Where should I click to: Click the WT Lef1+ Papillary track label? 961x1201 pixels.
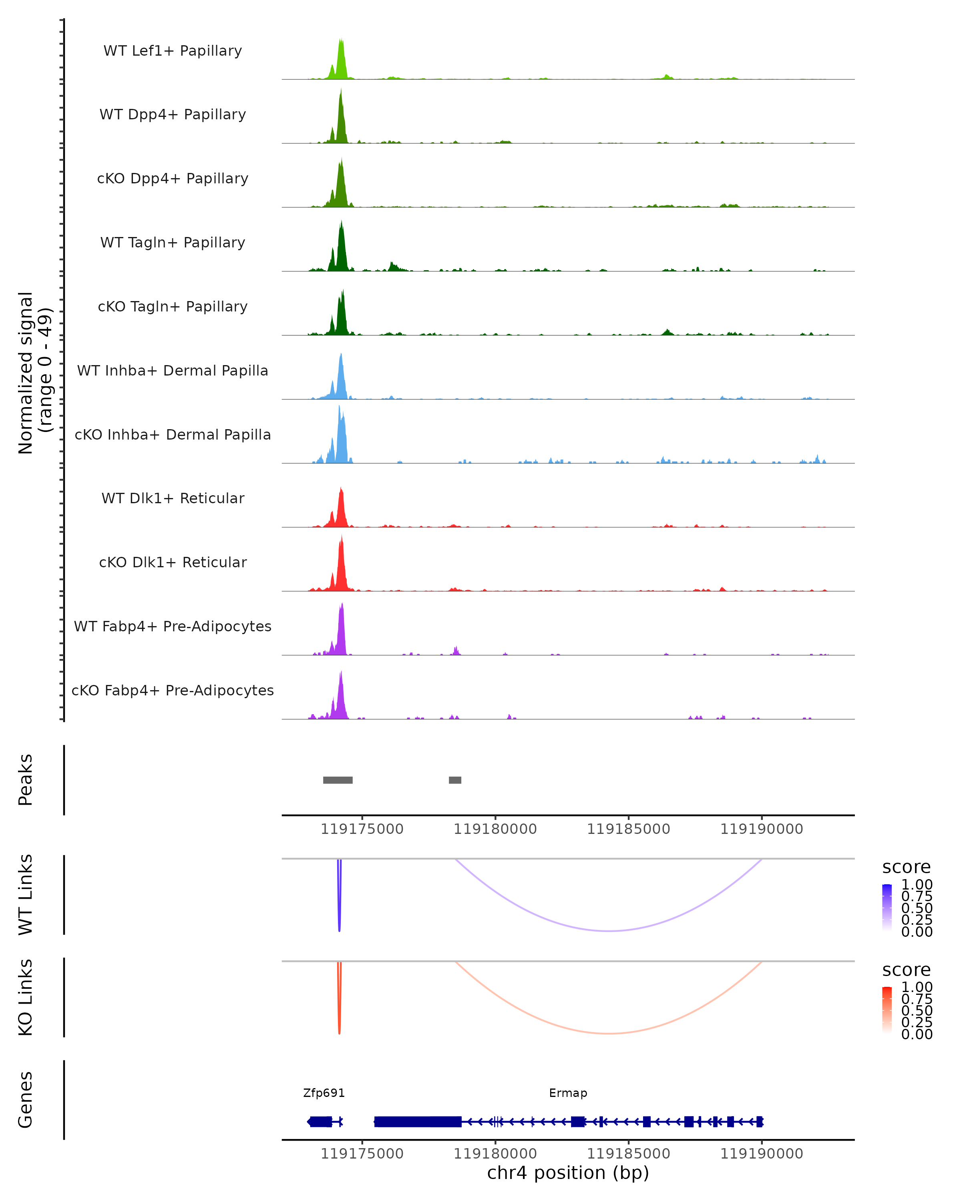point(173,51)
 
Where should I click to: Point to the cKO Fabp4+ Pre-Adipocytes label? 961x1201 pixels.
point(173,690)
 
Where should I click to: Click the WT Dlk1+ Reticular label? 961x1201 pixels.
point(173,498)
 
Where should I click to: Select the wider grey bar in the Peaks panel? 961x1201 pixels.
point(338,780)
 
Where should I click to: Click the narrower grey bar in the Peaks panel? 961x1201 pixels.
point(455,780)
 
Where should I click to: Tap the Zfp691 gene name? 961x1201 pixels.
point(324,1093)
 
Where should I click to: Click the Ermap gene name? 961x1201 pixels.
point(568,1093)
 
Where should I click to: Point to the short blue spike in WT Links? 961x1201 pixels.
point(339,897)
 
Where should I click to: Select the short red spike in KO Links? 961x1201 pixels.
point(339,1000)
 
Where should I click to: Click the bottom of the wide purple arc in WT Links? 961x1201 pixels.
point(609,931)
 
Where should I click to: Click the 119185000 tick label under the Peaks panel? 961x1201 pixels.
point(628,829)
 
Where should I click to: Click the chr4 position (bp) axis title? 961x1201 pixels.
point(568,1173)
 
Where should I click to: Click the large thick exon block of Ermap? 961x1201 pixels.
point(418,1121)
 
